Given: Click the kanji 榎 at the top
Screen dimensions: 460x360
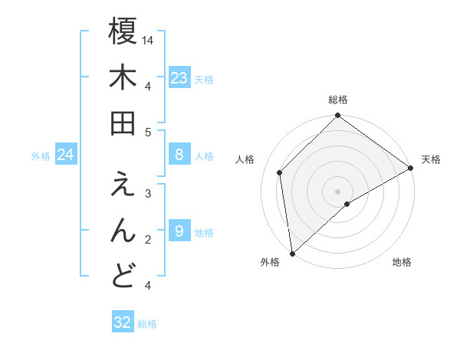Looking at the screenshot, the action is point(123,32).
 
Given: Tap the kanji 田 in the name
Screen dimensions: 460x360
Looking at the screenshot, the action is point(123,123).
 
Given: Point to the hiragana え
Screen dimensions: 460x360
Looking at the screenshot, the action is point(123,185).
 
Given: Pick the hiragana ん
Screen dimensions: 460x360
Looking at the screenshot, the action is point(123,231).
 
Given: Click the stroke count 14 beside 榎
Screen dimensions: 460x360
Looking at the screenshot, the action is point(149,40).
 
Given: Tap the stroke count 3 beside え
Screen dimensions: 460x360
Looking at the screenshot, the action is point(148,193).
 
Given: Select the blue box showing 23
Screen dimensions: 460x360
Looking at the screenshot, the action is point(179,78).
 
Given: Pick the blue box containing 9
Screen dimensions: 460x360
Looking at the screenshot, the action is point(179,231).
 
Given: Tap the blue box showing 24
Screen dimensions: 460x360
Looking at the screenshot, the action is point(66,155).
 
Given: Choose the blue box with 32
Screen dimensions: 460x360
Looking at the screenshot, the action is point(123,322).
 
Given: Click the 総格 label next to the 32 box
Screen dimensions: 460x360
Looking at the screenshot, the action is point(147,324).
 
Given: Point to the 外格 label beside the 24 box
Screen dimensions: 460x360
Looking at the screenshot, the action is point(41,156).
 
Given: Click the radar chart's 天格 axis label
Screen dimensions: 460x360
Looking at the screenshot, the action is point(431,159).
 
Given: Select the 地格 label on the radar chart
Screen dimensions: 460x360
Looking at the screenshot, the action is point(402,263).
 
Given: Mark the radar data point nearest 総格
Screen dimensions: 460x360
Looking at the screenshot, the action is point(337,116).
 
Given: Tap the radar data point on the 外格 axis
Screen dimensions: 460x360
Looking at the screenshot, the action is point(292,253).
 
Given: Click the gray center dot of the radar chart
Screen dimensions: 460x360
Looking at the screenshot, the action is point(337,191).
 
